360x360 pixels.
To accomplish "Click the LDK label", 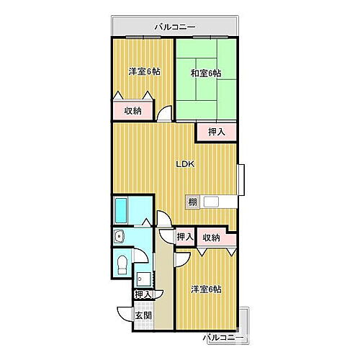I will coord(186,163).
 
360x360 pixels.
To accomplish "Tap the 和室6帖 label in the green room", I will coord(206,73).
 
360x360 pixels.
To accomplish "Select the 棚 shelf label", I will coord(193,202).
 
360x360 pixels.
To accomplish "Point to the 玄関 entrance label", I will coord(143,315).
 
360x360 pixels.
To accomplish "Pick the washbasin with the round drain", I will coord(120,236).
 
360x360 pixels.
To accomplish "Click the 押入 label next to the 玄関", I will coord(143,294).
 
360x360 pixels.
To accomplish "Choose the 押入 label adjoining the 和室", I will coord(217,131).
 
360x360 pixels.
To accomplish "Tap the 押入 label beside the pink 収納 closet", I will coord(185,237).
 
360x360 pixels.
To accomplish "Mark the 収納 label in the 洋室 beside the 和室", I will coord(132,111).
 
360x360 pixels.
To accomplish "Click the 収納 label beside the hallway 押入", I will coord(211,237).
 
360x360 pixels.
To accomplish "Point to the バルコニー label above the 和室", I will coord(174,27).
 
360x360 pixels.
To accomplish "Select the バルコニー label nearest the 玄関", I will coord(223,337).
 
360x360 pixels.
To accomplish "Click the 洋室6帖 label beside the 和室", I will coord(144,72).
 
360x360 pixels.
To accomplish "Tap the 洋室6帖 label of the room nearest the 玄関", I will coord(206,289).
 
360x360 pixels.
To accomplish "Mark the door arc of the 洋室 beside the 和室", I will coord(166,114).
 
